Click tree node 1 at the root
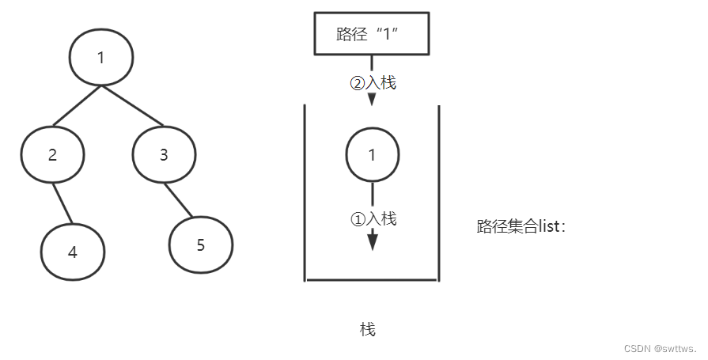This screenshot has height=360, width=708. point(101,58)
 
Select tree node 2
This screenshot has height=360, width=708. point(52,154)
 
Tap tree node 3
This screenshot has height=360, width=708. point(164,154)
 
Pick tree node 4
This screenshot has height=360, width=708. point(73,252)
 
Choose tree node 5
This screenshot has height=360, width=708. point(200,244)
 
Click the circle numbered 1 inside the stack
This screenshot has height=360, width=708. point(372,154)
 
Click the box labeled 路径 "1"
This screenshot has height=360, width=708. point(372,34)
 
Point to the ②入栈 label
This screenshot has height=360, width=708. point(373,82)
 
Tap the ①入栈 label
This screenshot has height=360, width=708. point(373,219)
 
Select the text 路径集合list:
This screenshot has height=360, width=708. point(521,226)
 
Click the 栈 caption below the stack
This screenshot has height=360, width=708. point(368,329)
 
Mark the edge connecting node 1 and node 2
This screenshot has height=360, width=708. point(77,105)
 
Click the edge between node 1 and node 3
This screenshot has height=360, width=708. point(131,106)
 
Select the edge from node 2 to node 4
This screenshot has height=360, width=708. point(62,203)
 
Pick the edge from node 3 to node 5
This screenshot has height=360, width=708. point(179,202)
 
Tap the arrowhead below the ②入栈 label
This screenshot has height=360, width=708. point(372,100)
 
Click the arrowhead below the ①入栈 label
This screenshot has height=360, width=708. point(373,241)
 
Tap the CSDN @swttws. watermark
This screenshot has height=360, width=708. point(659,348)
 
